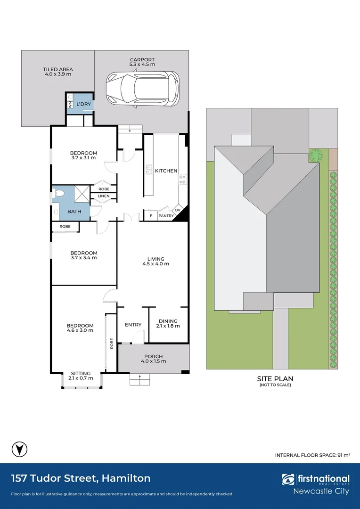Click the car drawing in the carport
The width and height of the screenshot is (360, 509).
click(x=142, y=90)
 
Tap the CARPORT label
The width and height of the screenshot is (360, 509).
click(x=142, y=60)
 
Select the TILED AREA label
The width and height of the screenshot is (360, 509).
click(x=58, y=69)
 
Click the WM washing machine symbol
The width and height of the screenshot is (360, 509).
click(x=70, y=105)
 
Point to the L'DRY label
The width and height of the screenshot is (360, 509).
click(x=84, y=104)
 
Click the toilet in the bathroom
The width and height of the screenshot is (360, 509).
click(x=58, y=194)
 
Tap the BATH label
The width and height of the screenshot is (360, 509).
click(x=74, y=212)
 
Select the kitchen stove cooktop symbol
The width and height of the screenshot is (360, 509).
click(x=182, y=179)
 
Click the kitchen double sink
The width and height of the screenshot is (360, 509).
click(x=149, y=170)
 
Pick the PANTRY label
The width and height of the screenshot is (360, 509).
click(x=166, y=215)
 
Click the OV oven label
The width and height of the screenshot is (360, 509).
click(x=177, y=210)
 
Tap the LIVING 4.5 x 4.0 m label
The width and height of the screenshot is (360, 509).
click(x=156, y=261)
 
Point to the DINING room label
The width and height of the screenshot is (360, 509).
click(x=168, y=321)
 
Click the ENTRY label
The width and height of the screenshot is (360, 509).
click(x=133, y=325)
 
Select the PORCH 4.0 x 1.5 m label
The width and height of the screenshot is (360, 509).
click(x=154, y=359)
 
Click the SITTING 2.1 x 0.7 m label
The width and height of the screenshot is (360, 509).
click(x=81, y=376)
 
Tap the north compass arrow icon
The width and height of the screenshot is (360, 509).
click(x=19, y=450)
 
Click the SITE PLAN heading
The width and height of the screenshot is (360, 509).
click(x=275, y=378)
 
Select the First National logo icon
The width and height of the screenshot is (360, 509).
click(x=288, y=479)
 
